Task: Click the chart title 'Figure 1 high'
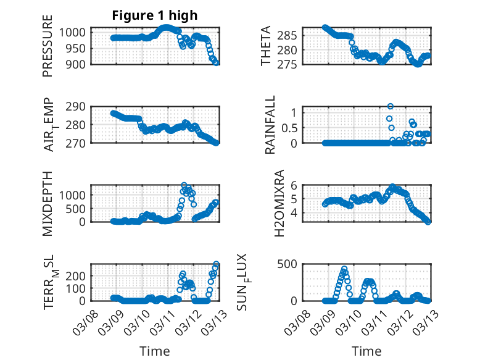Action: coord(155,15)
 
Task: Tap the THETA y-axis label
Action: coord(266,46)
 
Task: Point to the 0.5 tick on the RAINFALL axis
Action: coord(291,128)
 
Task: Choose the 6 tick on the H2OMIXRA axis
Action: coord(296,185)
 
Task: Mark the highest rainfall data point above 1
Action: coord(390,106)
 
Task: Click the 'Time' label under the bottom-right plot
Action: coord(366,351)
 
